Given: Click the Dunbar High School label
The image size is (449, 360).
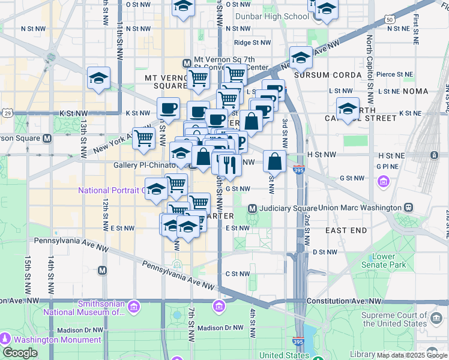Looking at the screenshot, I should [272, 17].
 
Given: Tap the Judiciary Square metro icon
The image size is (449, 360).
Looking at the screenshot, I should [253, 208].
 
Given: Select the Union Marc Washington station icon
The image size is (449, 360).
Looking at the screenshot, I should [408, 208].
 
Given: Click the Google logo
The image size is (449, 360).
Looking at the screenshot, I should [20, 352].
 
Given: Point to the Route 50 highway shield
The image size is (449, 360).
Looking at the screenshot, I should [390, 20].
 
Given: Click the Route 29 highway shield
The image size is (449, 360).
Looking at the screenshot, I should [7, 112].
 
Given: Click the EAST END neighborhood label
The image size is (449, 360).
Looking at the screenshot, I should [346, 230].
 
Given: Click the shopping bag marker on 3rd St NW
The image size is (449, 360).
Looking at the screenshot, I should [274, 161].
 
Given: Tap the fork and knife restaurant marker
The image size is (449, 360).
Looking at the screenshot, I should [230, 164].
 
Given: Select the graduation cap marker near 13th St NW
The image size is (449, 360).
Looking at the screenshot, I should [98, 78].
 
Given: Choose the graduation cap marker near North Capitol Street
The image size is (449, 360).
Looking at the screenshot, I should [348, 108].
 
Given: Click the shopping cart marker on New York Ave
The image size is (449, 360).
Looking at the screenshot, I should [143, 139].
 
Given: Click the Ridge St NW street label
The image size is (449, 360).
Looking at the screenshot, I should [252, 43].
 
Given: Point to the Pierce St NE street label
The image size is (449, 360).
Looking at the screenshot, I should [394, 75].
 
